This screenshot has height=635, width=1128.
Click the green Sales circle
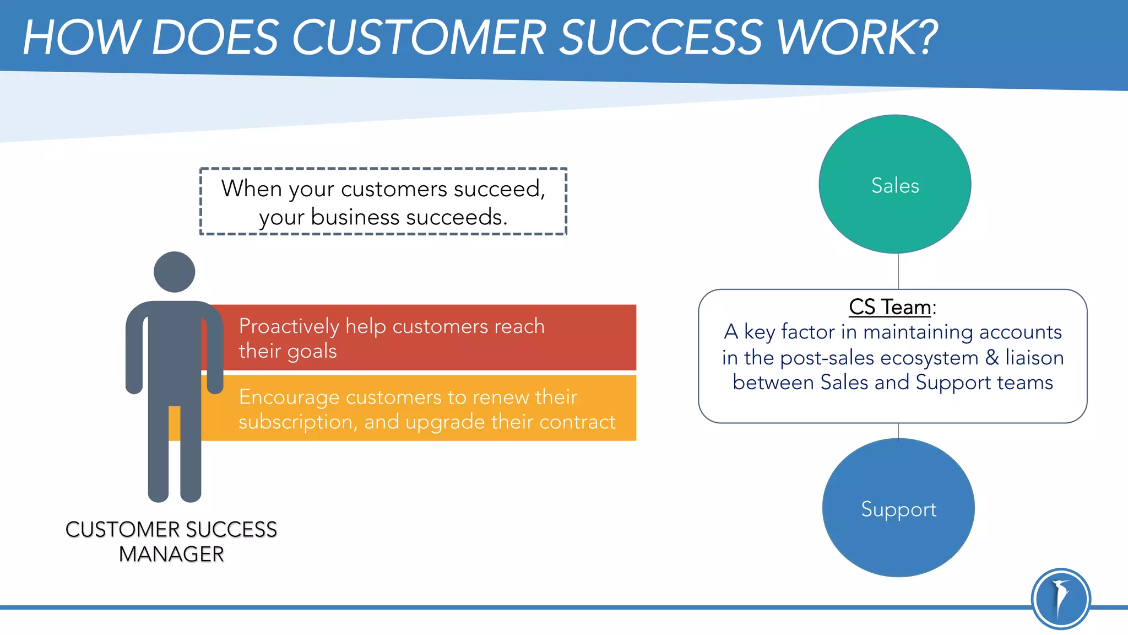[894, 185]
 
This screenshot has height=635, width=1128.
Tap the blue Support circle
[898, 508]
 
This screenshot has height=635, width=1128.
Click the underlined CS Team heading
[890, 307]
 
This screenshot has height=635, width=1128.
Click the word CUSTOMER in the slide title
[419, 37]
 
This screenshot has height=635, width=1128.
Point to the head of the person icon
[174, 272]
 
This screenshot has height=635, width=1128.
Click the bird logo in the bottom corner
[1060, 599]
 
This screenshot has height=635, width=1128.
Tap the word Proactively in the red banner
[289, 326]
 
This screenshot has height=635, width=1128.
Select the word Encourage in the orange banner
[289, 397]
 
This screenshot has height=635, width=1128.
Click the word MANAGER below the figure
[171, 554]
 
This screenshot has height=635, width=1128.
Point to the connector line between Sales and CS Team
[898, 271]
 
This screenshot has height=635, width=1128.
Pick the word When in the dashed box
[251, 189]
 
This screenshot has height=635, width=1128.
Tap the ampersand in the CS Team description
[992, 357]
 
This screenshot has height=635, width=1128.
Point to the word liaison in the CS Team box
[1034, 357]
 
